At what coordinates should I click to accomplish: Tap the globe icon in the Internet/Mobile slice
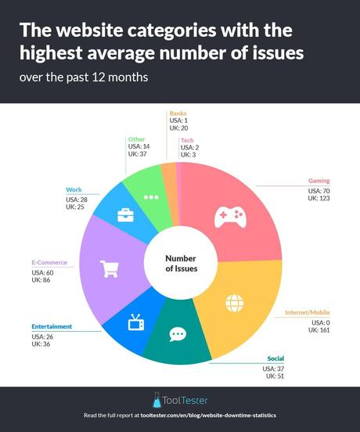click(x=234, y=302)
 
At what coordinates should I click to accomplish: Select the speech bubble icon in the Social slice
click(x=178, y=334)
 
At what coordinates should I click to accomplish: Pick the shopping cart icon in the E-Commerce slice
click(x=109, y=268)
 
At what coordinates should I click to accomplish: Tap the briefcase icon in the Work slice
click(x=124, y=216)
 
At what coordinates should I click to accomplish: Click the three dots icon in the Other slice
click(x=152, y=196)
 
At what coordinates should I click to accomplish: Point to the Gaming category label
click(x=318, y=181)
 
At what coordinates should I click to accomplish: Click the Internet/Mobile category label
click(x=307, y=313)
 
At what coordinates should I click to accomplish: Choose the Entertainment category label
click(x=52, y=326)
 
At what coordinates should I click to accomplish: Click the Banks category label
click(x=178, y=113)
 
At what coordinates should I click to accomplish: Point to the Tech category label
click(x=187, y=140)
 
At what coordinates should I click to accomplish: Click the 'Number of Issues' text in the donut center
click(x=180, y=263)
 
